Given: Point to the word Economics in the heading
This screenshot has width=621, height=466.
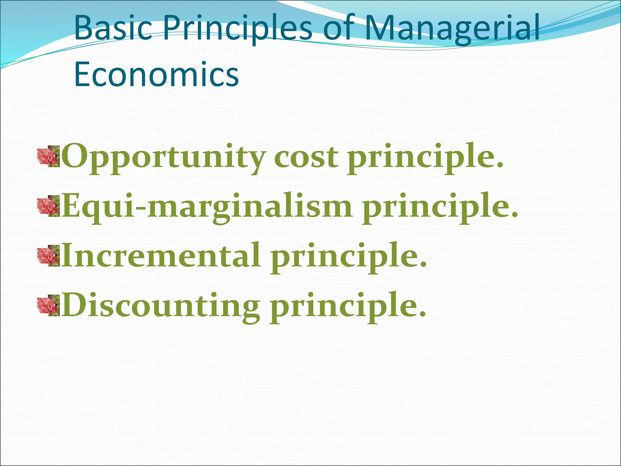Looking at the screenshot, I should coord(156,75).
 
